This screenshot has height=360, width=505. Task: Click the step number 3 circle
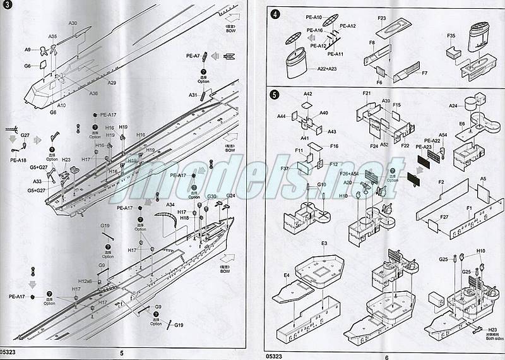click(x=6, y=7)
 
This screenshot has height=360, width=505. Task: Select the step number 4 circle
click(x=274, y=14)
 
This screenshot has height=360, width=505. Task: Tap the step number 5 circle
click(x=274, y=95)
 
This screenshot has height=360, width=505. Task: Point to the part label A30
click(x=73, y=23)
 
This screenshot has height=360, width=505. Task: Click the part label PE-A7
click(x=193, y=56)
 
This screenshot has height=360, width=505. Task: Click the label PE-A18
click(x=19, y=160)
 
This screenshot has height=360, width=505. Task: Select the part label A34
click(x=170, y=205)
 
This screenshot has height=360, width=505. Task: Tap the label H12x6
click(x=85, y=280)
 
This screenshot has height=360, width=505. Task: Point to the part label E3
click(x=324, y=243)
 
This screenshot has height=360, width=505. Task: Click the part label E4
click(x=287, y=275)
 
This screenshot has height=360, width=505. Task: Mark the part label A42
click(x=307, y=93)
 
